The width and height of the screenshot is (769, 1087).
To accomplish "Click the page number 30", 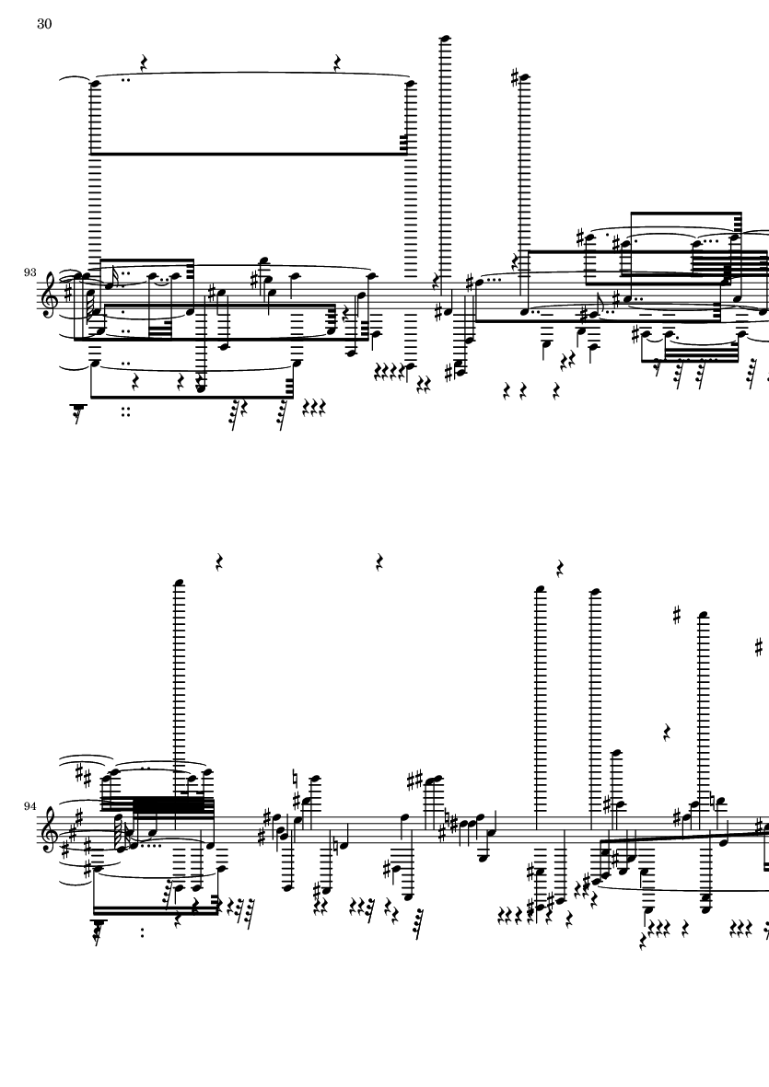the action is (44, 24).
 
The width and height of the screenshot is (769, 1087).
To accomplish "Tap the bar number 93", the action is (29, 272).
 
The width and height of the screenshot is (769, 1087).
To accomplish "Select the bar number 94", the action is (29, 806).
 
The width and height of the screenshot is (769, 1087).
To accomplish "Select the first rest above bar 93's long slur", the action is (145, 64).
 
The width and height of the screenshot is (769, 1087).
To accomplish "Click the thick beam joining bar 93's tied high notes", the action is (250, 153).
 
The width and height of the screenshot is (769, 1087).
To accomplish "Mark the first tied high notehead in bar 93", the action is (95, 84).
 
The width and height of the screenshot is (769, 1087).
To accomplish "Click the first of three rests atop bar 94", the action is (219, 561).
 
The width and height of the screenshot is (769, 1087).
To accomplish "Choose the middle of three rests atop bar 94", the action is (380, 561).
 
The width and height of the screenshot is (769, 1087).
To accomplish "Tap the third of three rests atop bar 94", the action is (560, 569).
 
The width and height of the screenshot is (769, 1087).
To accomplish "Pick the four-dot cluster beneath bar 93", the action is (126, 411).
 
